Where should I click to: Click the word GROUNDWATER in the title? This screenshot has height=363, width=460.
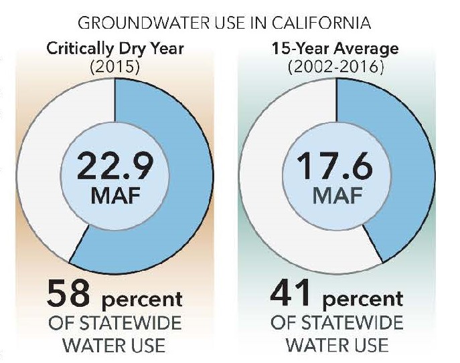click(x=144, y=23)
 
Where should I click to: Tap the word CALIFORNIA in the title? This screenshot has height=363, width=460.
click(x=321, y=23)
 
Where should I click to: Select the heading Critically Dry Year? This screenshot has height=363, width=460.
click(x=115, y=49)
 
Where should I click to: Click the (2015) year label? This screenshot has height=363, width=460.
click(x=115, y=67)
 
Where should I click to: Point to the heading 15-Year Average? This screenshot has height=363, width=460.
click(x=335, y=49)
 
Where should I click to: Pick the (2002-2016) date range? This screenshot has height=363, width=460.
click(x=335, y=67)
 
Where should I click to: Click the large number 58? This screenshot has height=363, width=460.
click(x=68, y=293)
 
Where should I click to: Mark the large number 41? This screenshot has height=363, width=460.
click(x=290, y=292)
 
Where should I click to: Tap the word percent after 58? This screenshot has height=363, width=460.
click(x=142, y=299)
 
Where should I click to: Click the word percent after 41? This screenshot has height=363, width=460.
click(x=363, y=299)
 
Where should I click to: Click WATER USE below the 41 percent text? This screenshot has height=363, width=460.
click(x=337, y=345)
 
